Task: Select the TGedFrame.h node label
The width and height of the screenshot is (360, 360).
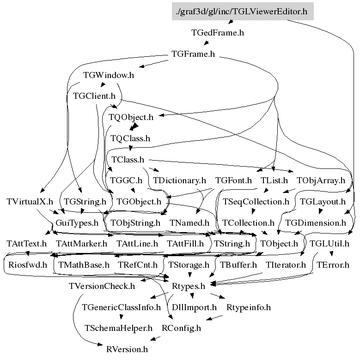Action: coord(217,33)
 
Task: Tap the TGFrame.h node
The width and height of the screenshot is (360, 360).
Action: coord(193,54)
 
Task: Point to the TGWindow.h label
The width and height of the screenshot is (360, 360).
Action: coord(109,75)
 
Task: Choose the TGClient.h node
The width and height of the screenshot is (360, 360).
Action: coord(94,96)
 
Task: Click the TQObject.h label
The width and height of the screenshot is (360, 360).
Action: coord(131,117)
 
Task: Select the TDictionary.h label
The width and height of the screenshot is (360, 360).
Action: coord(179,180)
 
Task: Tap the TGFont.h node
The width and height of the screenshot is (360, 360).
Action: coord(233,180)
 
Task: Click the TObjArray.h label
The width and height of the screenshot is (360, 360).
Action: coord(321,180)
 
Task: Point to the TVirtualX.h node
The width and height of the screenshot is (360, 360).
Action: coord(30,202)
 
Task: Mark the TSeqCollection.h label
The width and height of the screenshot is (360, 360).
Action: coord(256,202)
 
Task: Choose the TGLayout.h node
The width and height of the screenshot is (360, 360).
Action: coord(323,202)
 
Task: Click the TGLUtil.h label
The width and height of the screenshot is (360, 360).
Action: coord(329,243)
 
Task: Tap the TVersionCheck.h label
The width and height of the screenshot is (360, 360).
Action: coord(102,286)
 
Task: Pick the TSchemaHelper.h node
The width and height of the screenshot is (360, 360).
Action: coord(118,328)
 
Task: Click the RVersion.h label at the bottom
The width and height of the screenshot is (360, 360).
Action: coord(127,349)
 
